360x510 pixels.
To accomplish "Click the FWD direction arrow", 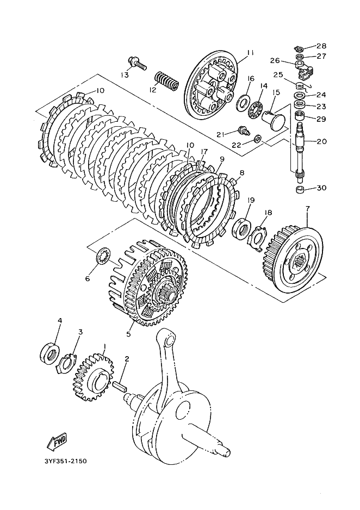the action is pyautogui.click(x=57, y=441).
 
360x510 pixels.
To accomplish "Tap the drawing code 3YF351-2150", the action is pyautogui.click(x=66, y=461).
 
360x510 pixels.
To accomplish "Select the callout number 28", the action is pyautogui.click(x=321, y=46).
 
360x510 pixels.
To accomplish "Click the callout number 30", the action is pyautogui.click(x=321, y=188).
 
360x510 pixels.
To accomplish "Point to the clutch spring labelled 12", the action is pyautogui.click(x=166, y=80).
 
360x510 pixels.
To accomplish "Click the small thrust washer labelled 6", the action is pyautogui.click(x=103, y=256).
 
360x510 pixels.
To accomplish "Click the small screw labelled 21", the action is pyautogui.click(x=243, y=130).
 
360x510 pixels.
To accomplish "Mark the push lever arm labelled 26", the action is pyautogui.click(x=305, y=69).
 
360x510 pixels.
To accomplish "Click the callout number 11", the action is pyautogui.click(x=250, y=53).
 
